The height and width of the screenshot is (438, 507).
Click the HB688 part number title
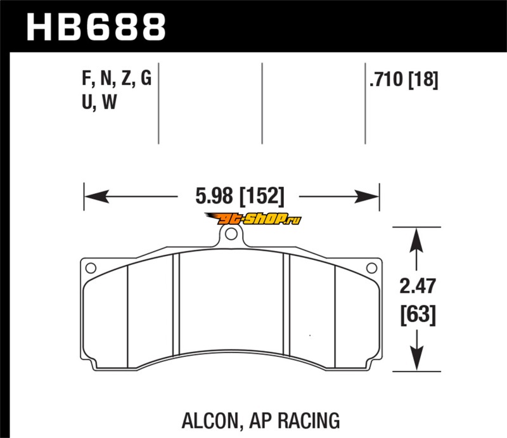pyautogui.click(x=96, y=27)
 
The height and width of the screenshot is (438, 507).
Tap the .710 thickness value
pyautogui.click(x=387, y=79)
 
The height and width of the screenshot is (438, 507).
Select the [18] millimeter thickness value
pyautogui.click(x=423, y=80)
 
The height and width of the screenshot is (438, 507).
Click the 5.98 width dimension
pyautogui.click(x=214, y=196)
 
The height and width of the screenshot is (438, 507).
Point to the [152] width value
pyautogui.click(x=262, y=196)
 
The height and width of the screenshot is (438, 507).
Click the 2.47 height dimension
pyautogui.click(x=418, y=286)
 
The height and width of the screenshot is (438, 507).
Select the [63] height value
pyautogui.click(x=418, y=314)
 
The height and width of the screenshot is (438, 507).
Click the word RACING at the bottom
pyautogui.click(x=309, y=420)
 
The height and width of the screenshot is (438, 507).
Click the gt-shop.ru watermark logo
pyautogui.click(x=253, y=219)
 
